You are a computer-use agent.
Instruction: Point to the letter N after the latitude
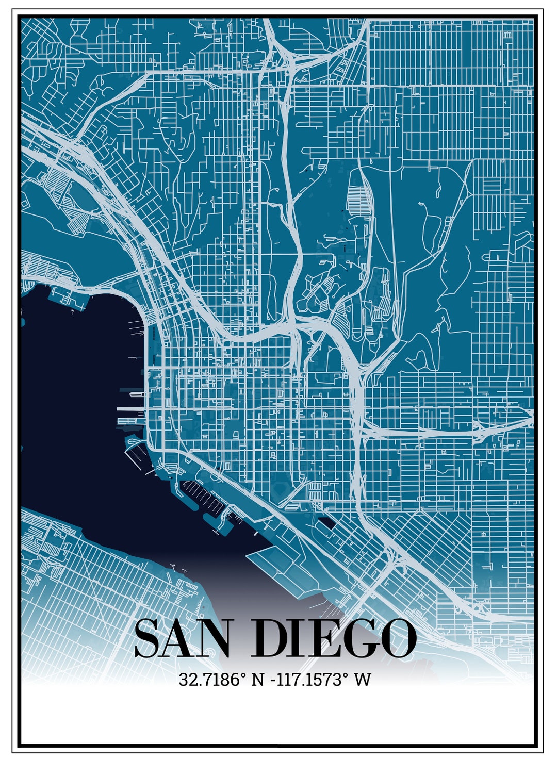[257, 679]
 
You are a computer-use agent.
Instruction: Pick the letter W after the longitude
[363, 679]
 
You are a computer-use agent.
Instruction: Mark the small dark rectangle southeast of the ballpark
[326, 523]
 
